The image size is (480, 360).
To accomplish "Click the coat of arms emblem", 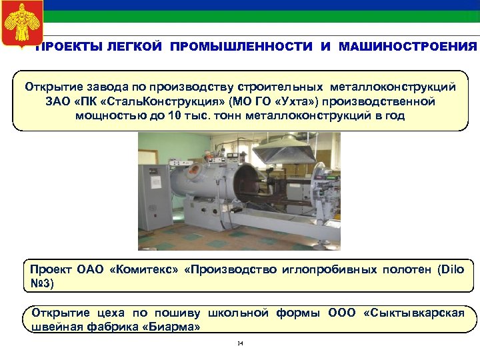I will (x=22, y=23).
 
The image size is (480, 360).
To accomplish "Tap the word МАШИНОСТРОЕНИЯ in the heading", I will (x=407, y=47).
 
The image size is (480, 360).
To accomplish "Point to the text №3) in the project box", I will (x=43, y=283).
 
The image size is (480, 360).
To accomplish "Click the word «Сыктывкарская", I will (x=413, y=313).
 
